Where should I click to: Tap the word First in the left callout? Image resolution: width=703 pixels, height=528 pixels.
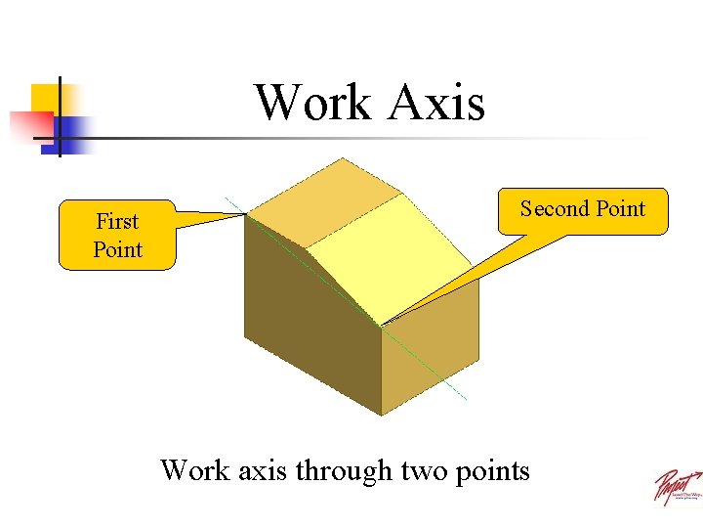[x=117, y=221]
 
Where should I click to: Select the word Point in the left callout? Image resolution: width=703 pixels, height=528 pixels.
[x=117, y=249]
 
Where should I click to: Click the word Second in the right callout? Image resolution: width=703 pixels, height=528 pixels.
[x=554, y=208]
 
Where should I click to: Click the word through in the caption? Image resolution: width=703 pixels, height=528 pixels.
[x=342, y=470]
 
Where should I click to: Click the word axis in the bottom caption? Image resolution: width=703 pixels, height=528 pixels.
[x=261, y=470]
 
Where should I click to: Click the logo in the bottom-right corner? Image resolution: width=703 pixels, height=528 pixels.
[x=677, y=486]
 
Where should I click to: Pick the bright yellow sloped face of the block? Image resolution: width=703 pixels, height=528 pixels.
[x=371, y=254]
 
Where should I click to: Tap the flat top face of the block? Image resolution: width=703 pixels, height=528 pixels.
[x=327, y=200]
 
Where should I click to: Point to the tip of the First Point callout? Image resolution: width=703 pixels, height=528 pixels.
[x=245, y=215]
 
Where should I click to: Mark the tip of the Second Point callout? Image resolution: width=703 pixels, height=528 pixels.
[x=381, y=325]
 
